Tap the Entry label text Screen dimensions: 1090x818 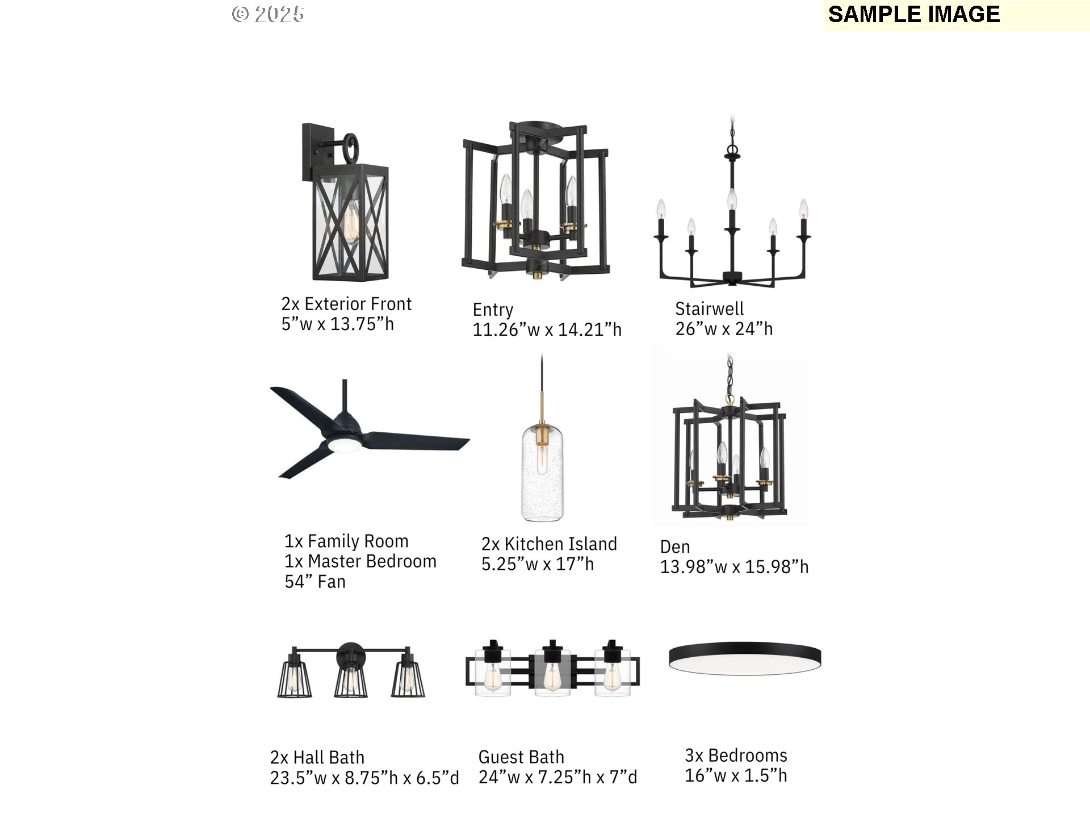(x=493, y=310)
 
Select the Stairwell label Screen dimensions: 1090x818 (x=709, y=308)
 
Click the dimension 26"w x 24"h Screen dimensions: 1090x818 (x=724, y=329)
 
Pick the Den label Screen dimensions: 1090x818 (x=675, y=547)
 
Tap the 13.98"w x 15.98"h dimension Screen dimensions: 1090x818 (x=734, y=567)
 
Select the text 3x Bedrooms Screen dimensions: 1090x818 (x=736, y=756)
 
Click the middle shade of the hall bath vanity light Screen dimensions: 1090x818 (x=351, y=678)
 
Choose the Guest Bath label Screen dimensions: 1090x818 (x=521, y=757)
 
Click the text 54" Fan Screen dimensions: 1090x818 (x=315, y=582)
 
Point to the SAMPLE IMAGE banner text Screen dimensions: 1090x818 (x=914, y=15)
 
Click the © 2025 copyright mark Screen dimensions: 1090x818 (x=268, y=14)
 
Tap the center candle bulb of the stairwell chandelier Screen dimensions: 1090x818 (x=732, y=199)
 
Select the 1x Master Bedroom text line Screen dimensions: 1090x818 (x=360, y=561)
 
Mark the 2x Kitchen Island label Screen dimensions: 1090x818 (x=549, y=544)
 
